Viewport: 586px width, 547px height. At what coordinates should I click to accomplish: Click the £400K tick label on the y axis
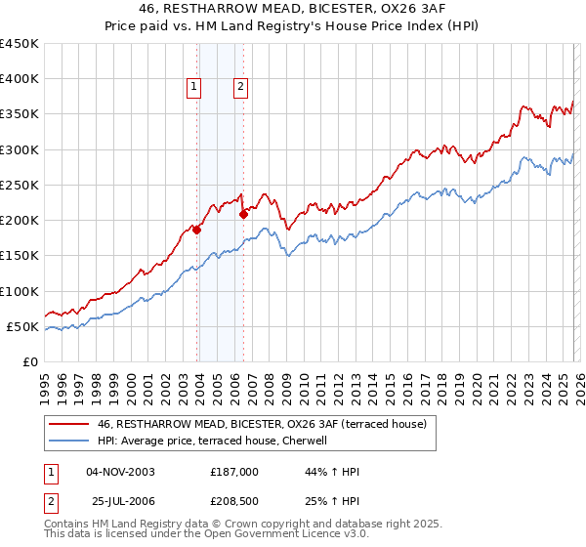coord(20,79)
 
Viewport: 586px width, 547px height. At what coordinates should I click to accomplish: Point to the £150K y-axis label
coord(20,256)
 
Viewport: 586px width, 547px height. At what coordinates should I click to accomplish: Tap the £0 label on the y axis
coord(30,361)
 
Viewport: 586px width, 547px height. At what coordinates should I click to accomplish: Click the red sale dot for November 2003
coord(197,231)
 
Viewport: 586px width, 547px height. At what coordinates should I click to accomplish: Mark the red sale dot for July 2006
coord(243,215)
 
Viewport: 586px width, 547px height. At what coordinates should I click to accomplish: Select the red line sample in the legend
coord(69,425)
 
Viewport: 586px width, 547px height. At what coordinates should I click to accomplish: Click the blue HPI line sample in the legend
coord(69,442)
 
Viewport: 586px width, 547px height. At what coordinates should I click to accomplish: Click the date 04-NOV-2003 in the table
coord(120,472)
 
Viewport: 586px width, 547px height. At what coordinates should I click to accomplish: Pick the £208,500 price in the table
coord(234,501)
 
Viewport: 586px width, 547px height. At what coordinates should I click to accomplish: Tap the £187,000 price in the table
coord(234,472)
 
